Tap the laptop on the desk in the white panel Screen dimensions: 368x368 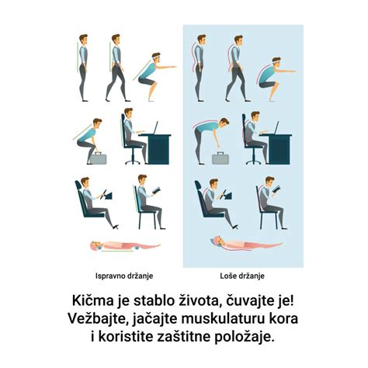click(x=154, y=129)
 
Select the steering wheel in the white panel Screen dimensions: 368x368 click(x=106, y=195)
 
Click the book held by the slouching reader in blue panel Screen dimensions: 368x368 click(x=280, y=192)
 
